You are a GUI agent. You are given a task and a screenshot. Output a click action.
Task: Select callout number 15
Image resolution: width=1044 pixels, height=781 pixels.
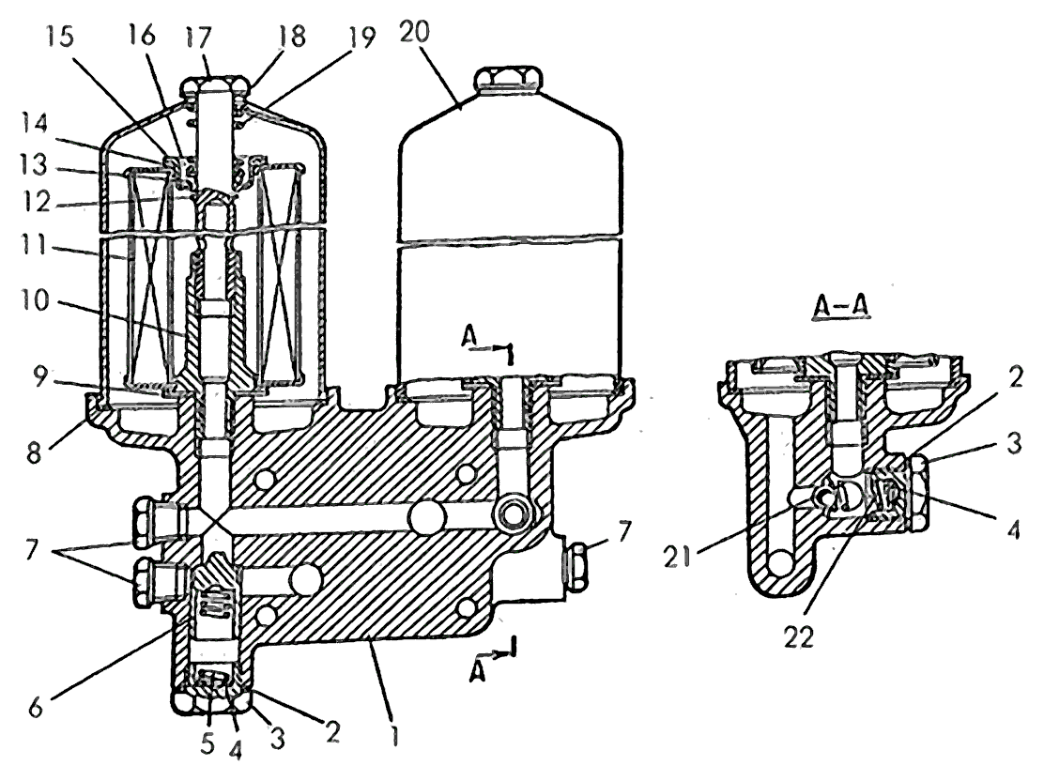pyautogui.click(x=59, y=37)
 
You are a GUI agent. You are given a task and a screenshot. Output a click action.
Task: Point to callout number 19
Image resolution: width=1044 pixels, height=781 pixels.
pyautogui.click(x=361, y=38)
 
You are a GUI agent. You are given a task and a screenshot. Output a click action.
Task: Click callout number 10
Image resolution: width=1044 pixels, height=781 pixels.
pyautogui.click(x=34, y=300)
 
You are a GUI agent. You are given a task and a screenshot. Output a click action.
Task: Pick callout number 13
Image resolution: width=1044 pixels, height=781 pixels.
pyautogui.click(x=34, y=164)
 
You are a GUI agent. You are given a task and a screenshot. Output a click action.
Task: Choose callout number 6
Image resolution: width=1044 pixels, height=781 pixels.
pyautogui.click(x=36, y=707)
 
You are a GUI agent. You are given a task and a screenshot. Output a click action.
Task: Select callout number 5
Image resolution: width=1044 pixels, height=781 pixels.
pyautogui.click(x=208, y=743)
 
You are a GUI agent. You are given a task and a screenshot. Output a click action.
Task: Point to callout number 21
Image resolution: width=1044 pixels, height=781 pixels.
pyautogui.click(x=677, y=557)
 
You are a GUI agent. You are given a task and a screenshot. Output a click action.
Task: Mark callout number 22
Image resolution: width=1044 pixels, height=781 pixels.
pyautogui.click(x=798, y=637)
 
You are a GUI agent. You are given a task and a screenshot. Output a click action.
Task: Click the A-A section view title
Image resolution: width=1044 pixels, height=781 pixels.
pyautogui.click(x=841, y=305)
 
